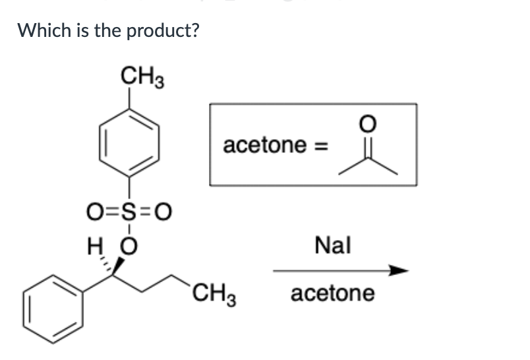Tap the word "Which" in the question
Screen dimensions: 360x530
click(40, 30)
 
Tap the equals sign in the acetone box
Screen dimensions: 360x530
click(318, 145)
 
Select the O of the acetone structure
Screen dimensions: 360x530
click(368, 123)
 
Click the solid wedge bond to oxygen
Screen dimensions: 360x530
click(120, 266)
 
